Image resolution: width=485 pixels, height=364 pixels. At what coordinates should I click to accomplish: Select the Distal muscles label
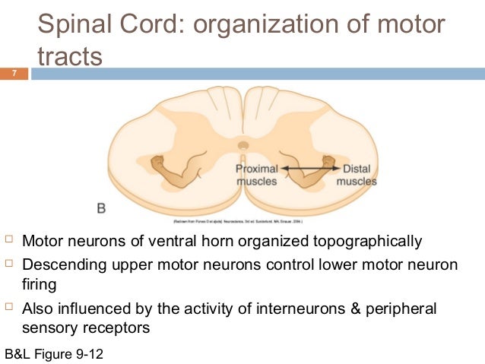click(x=357, y=175)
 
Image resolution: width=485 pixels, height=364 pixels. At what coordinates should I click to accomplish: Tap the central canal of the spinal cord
click(x=242, y=144)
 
